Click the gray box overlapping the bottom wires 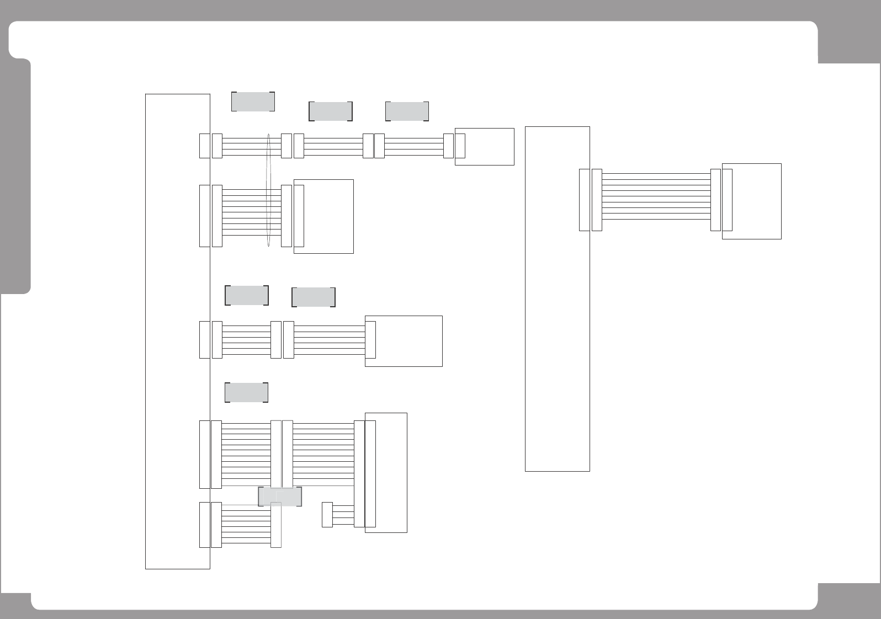click(x=280, y=497)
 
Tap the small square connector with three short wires click(x=327, y=514)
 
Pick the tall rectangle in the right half click(x=557, y=298)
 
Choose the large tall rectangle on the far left click(x=177, y=331)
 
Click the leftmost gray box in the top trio click(x=253, y=102)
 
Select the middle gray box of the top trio click(x=330, y=111)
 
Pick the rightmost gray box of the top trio click(x=407, y=111)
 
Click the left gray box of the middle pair click(x=246, y=295)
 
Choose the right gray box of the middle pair click(x=313, y=297)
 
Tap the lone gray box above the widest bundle click(x=246, y=392)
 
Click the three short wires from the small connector click(x=342, y=515)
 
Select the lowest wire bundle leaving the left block click(x=246, y=525)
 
